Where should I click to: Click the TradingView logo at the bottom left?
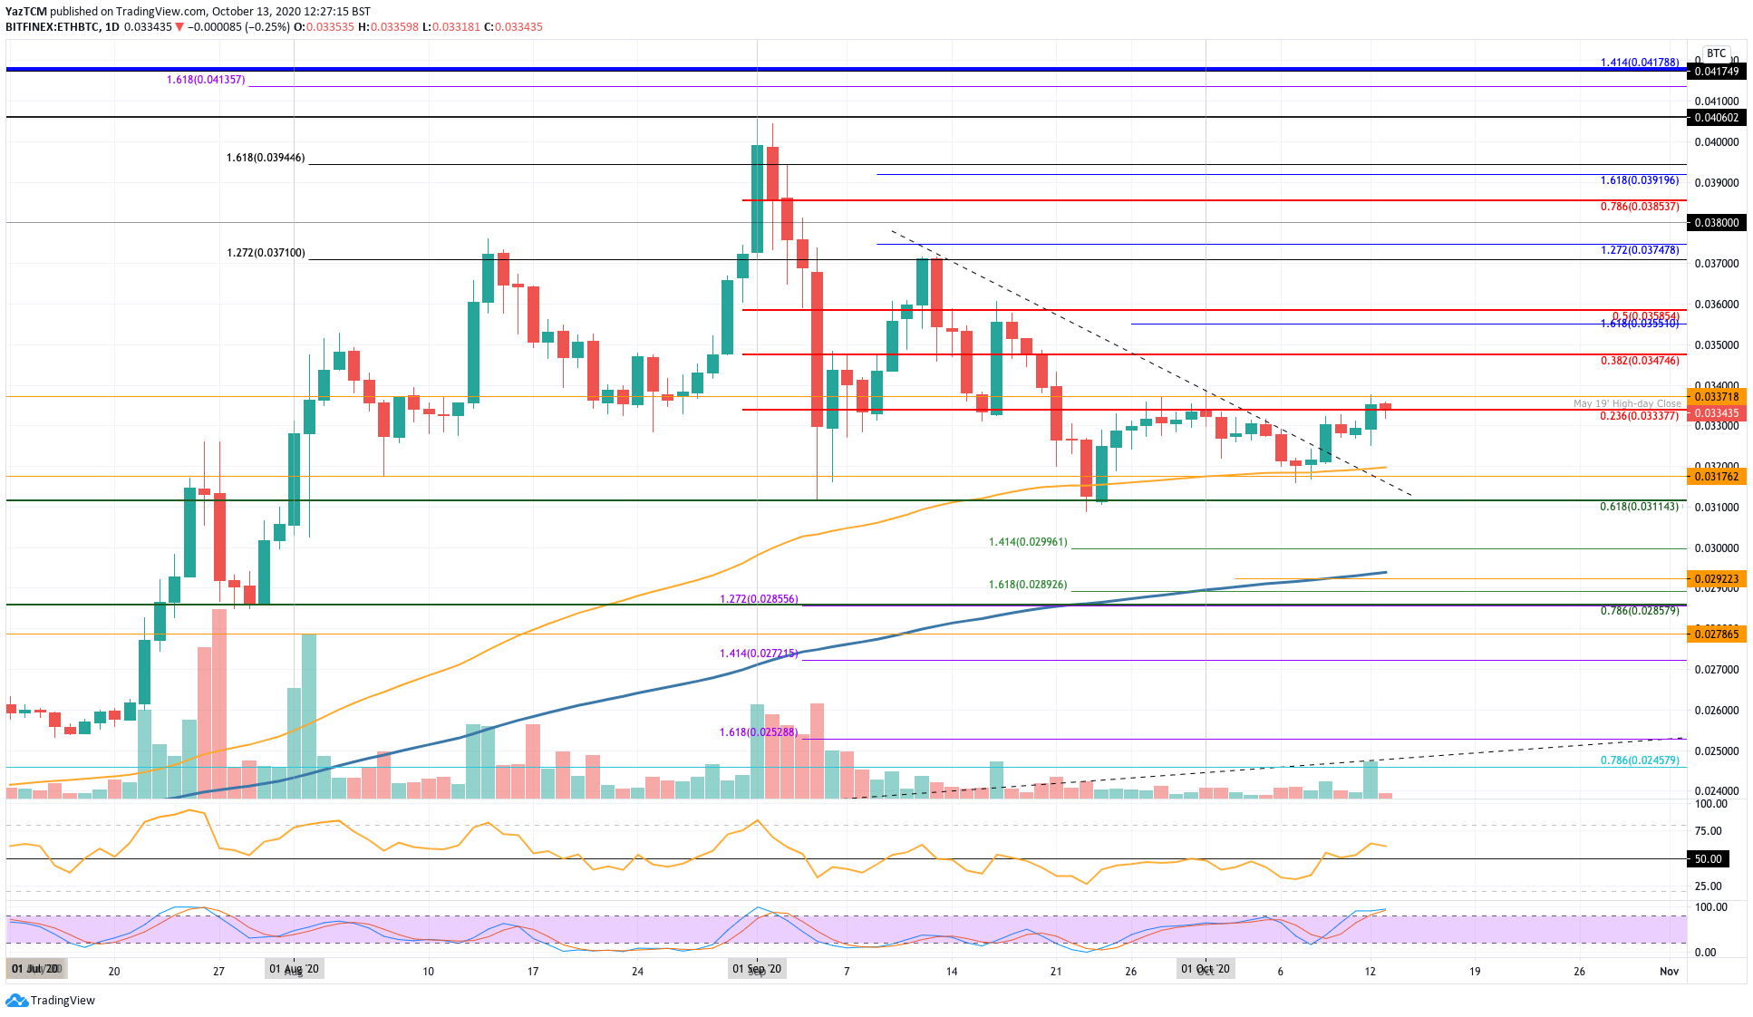click(51, 1000)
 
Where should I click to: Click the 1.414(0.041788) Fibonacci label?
click(1639, 63)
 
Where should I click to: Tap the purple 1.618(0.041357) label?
click(206, 80)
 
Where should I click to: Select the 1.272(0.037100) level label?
click(266, 254)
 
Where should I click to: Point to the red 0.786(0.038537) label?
click(1639, 207)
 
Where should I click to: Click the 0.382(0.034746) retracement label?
click(1639, 361)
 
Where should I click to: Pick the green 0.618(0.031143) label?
click(1639, 507)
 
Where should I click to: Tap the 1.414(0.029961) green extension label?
click(1028, 542)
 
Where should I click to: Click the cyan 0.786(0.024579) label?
click(1639, 760)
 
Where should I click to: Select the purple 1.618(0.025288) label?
click(759, 732)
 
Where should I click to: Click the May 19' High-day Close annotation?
click(1626, 403)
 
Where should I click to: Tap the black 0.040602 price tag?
click(1717, 118)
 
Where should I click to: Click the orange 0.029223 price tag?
click(1717, 578)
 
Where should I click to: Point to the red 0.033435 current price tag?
click(1717, 413)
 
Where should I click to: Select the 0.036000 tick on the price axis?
click(1717, 305)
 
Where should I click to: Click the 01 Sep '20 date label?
click(757, 970)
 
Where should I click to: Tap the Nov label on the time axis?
click(1669, 971)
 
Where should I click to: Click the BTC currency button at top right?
click(1716, 53)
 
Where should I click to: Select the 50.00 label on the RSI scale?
click(1709, 858)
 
